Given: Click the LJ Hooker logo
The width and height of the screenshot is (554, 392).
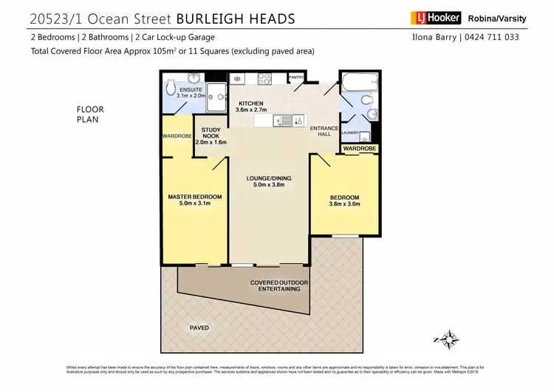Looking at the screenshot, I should [436, 18].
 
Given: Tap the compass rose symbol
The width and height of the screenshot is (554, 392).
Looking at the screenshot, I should [448, 339].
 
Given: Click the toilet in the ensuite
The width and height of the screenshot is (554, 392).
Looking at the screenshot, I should [171, 87].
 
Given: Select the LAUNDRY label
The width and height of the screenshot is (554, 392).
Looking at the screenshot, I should [349, 133].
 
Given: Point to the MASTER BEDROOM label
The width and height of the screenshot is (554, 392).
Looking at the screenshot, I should [195, 197].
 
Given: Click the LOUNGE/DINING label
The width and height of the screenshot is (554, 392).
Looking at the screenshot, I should [267, 178].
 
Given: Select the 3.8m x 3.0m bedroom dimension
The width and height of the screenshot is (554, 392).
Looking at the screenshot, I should [344, 204].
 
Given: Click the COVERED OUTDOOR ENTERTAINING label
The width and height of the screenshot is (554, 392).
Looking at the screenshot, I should [279, 285].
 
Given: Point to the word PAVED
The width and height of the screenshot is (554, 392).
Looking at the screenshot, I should [199, 328].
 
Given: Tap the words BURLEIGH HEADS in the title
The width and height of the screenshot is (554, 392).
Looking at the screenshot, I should [230, 16].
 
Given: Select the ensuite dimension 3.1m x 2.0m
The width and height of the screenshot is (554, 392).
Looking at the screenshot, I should [180, 95].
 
